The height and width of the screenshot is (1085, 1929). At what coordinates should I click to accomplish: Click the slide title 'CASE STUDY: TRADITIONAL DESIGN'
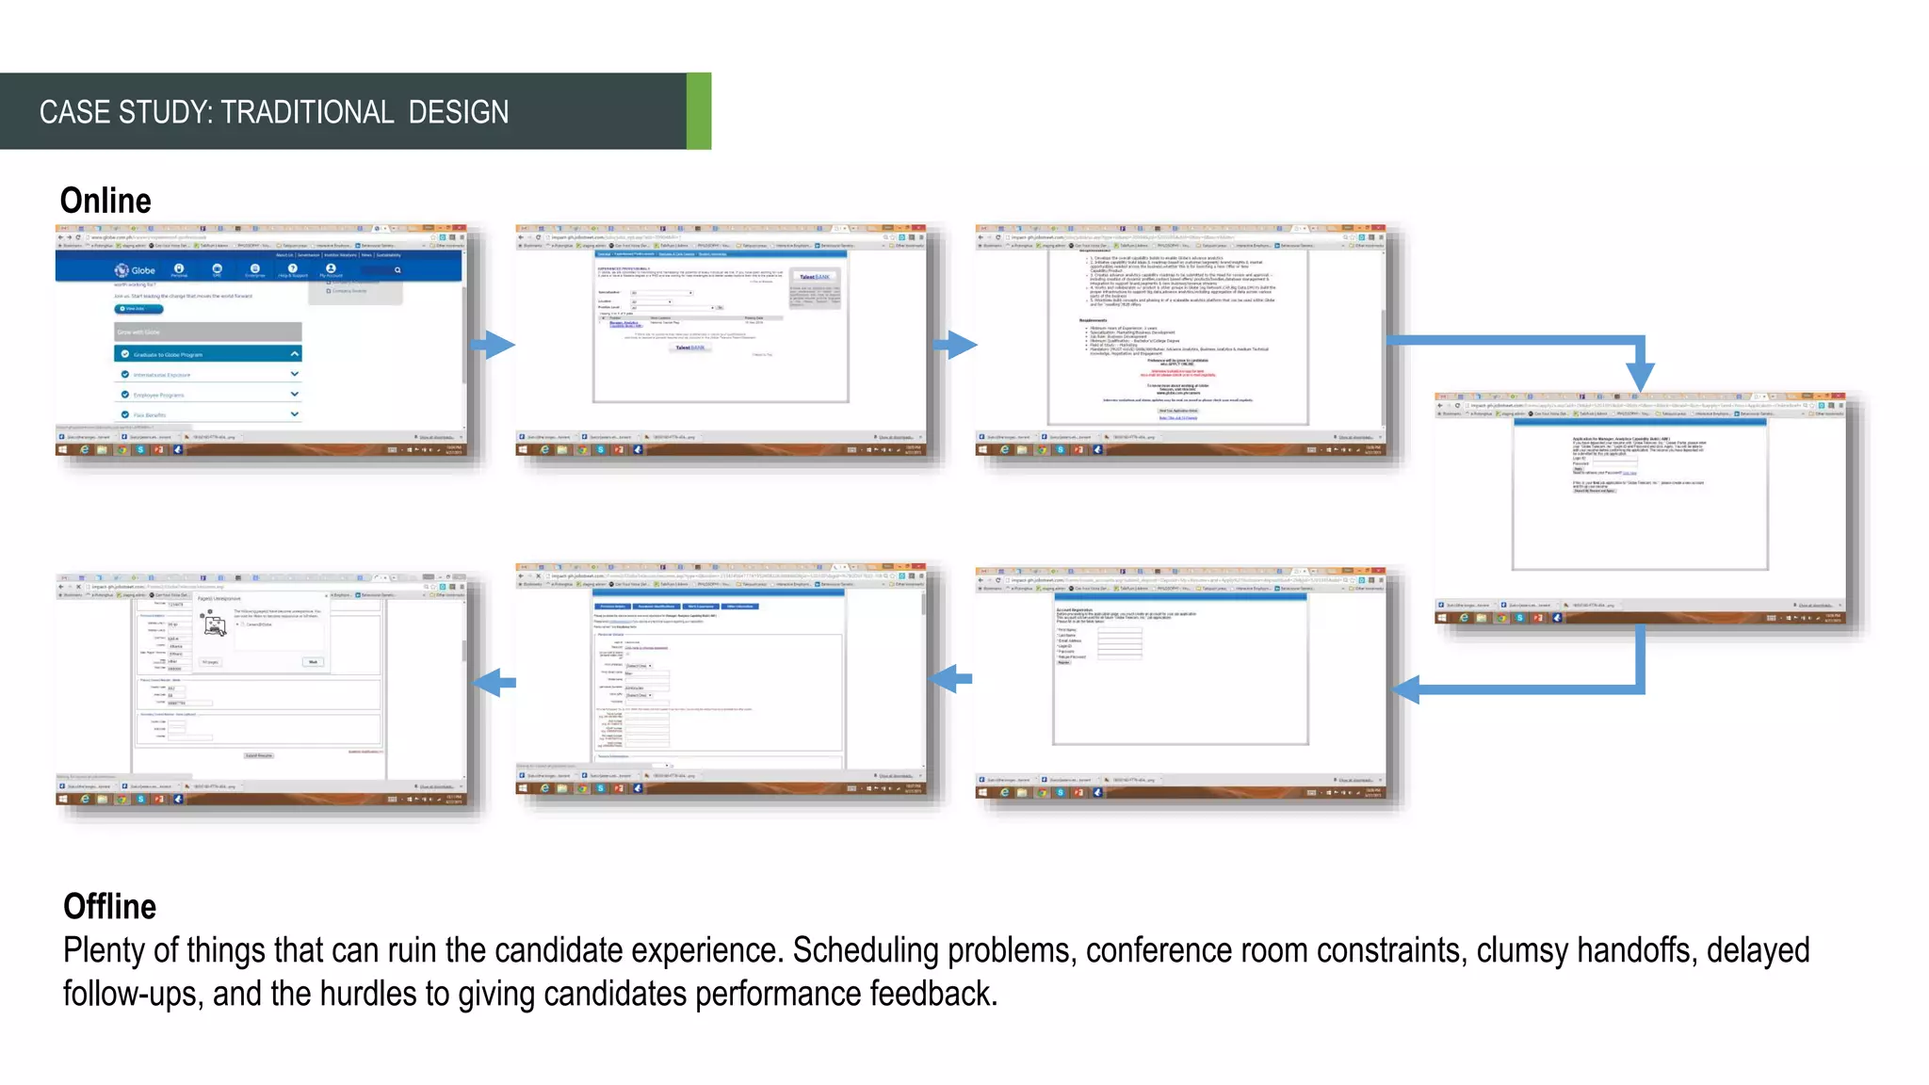point(273,112)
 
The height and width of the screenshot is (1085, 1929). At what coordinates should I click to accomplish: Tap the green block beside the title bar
point(698,111)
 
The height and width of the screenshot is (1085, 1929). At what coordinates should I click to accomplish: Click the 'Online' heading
point(105,201)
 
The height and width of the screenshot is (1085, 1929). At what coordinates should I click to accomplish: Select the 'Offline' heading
point(109,906)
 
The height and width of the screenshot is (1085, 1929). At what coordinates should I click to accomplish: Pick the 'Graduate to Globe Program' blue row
point(207,354)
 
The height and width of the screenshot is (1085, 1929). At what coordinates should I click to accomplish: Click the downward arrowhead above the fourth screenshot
point(1640,376)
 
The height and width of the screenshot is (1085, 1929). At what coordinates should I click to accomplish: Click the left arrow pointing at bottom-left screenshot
point(493,682)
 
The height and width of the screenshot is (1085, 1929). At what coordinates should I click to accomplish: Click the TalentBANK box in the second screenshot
point(815,277)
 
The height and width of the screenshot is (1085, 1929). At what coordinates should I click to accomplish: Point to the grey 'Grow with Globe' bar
point(207,332)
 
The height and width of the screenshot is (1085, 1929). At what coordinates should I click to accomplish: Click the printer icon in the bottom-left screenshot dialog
point(216,624)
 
